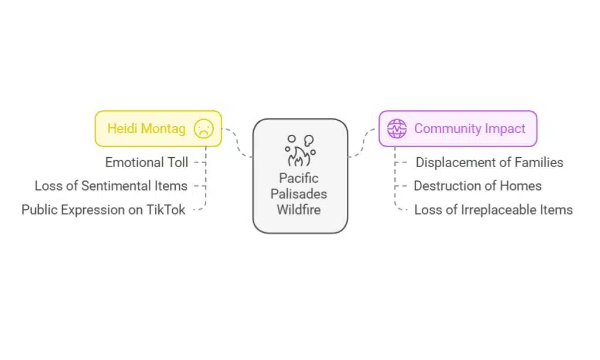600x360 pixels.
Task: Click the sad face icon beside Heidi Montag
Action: (204, 128)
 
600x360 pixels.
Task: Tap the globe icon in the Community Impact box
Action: (397, 128)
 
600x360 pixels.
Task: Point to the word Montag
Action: (163, 128)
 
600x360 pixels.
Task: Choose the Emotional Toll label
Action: (146, 162)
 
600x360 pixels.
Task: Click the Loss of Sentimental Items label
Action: (111, 186)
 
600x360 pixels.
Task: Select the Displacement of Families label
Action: (489, 162)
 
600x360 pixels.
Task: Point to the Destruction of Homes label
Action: (478, 186)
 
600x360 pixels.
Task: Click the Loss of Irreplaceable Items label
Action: (493, 209)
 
